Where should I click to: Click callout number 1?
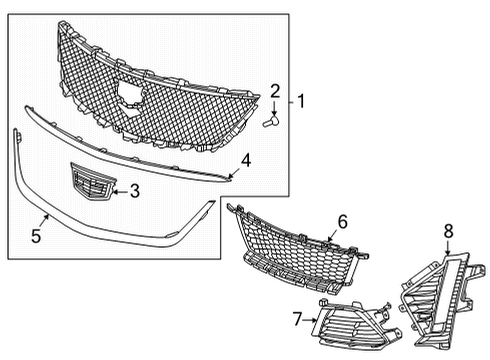[300, 101]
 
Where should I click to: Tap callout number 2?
[275, 91]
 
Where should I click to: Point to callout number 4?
[246, 158]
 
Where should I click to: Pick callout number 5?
[36, 237]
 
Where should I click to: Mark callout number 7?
[297, 317]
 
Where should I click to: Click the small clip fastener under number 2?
[270, 121]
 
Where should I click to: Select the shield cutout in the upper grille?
[127, 92]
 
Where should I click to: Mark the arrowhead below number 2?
[274, 110]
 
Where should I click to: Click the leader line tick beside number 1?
[289, 101]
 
